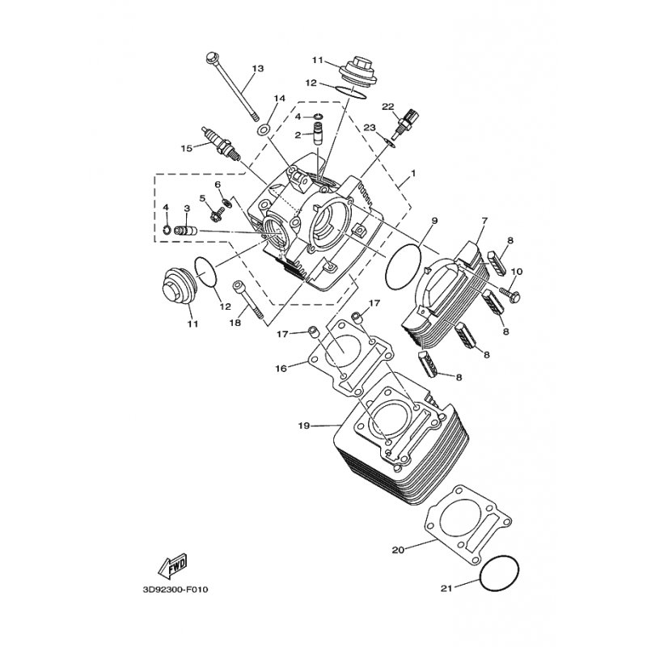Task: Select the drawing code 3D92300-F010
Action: point(175,590)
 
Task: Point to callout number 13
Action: point(257,69)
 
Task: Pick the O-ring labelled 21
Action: point(500,574)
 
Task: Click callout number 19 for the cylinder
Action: point(304,425)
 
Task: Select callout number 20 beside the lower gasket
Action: point(398,550)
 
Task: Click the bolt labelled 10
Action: point(510,294)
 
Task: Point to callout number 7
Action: point(484,221)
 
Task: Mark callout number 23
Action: point(370,128)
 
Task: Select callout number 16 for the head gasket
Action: point(281,369)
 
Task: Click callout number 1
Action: point(413,173)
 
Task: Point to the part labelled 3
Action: point(186,230)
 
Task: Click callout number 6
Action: point(218,184)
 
